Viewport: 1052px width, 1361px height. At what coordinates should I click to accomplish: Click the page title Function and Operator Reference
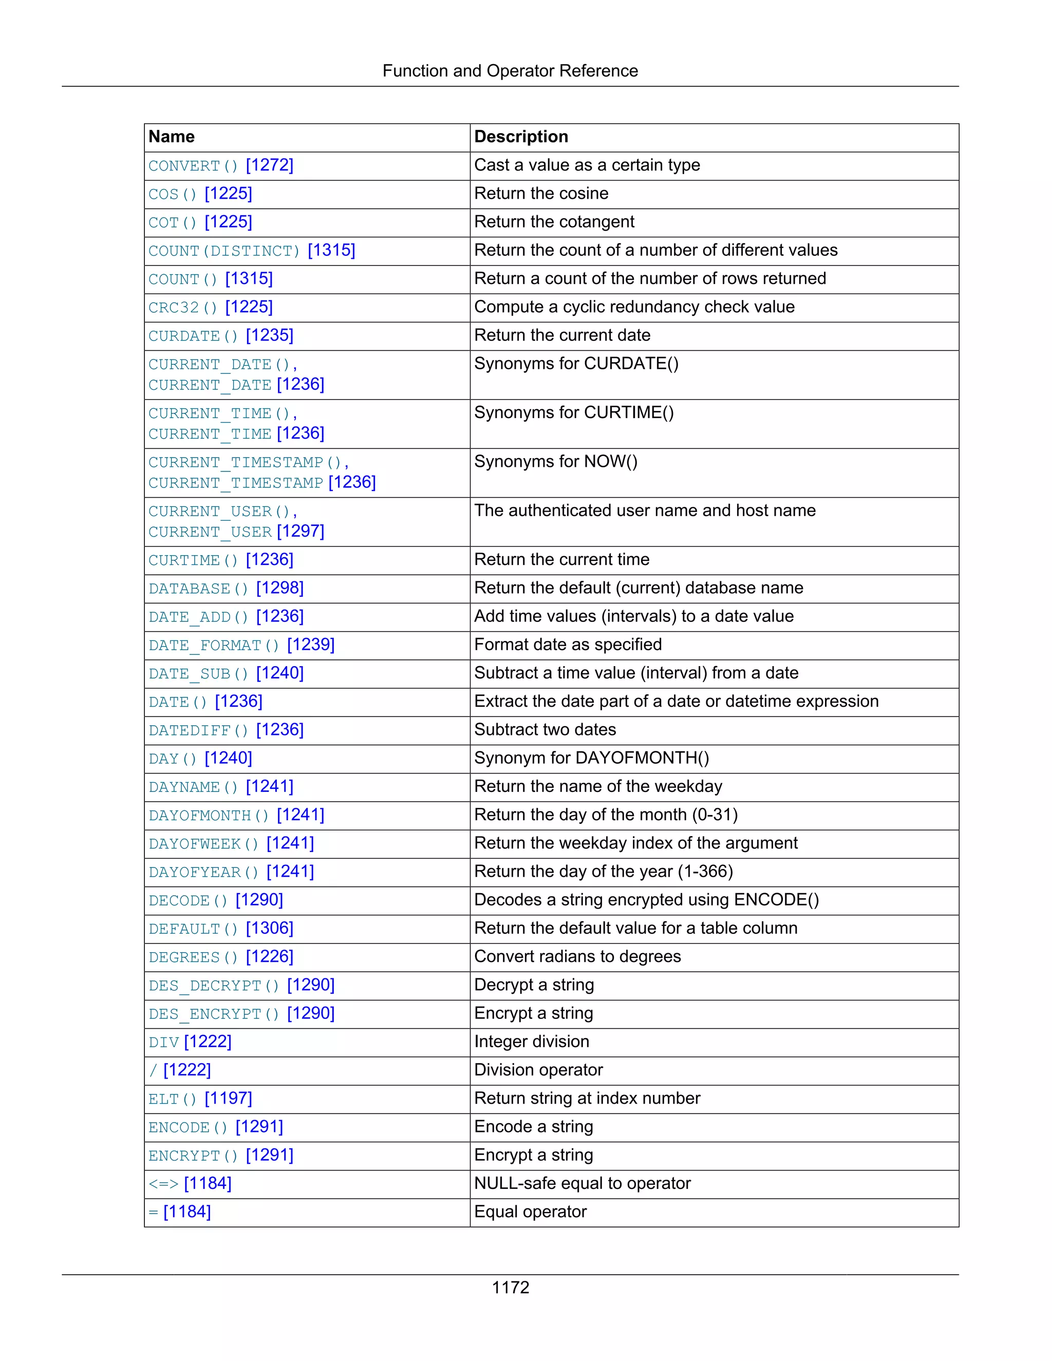(x=510, y=71)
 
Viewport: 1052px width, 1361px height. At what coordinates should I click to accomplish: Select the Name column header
(x=172, y=137)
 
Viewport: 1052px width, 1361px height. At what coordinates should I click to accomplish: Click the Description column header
(x=521, y=137)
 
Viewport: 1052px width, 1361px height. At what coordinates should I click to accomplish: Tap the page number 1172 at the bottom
(x=510, y=1288)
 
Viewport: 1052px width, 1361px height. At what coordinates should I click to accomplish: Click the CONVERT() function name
(x=193, y=166)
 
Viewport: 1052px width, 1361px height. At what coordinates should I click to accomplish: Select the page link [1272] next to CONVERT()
(x=269, y=165)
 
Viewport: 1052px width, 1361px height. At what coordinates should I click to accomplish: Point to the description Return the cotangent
(x=554, y=222)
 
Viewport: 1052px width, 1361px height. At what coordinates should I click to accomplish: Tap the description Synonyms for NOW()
(x=555, y=462)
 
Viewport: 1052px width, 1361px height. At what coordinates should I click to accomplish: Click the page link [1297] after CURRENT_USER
(x=300, y=531)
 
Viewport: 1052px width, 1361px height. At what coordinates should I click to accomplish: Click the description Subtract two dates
(x=544, y=730)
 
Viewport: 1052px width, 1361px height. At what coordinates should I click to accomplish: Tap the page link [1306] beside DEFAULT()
(x=269, y=929)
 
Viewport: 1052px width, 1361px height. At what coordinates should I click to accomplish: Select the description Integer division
(x=532, y=1042)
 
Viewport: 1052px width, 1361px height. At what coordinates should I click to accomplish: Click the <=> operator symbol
(x=163, y=1184)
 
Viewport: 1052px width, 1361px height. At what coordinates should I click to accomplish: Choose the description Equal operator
(x=530, y=1212)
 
